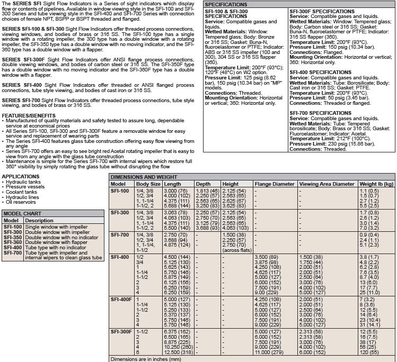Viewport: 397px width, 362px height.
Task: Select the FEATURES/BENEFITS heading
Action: (29, 115)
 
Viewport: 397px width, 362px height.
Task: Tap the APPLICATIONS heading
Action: (20, 177)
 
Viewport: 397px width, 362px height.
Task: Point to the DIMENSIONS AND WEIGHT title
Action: (144, 177)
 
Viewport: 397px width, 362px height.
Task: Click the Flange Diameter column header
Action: (274, 184)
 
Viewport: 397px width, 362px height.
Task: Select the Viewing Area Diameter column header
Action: (327, 184)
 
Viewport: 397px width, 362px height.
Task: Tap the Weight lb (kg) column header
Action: (376, 184)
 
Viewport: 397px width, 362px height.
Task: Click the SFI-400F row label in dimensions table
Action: (121, 299)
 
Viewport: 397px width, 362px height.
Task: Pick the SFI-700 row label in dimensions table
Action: (119, 234)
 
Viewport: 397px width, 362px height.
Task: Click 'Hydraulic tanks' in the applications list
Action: (23, 182)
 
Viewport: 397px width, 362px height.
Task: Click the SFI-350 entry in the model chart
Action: (13, 238)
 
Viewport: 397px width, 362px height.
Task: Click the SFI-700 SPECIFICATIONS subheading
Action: (320, 113)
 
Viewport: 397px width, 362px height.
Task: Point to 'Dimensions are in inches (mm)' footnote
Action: (145, 359)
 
